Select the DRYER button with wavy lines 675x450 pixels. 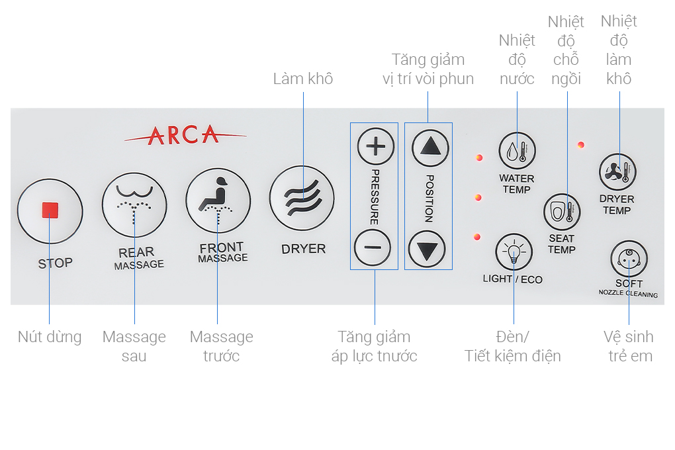coord(302,198)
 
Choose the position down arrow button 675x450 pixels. coord(427,249)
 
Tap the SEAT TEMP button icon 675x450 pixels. coord(562,212)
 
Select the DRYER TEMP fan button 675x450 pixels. coord(617,172)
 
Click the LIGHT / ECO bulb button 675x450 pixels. coord(514,252)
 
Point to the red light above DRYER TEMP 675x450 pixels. coord(580,145)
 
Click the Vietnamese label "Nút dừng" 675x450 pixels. coord(50,337)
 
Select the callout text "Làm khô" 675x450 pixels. coord(303,79)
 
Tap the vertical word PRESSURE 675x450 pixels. coord(374,197)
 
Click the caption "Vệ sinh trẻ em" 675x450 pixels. coord(630,346)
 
